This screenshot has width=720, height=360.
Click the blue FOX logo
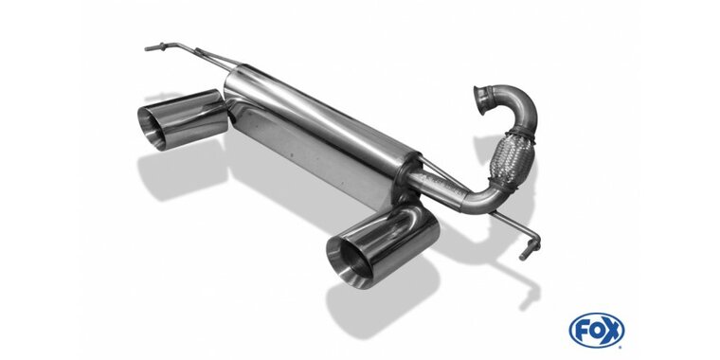[x=597, y=330]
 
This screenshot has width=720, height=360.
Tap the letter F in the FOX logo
[x=581, y=331]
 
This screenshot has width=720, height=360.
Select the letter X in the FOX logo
[x=613, y=330]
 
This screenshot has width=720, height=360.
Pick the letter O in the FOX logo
[x=597, y=330]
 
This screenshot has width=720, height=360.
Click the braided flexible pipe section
[x=512, y=159]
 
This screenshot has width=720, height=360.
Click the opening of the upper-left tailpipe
[x=151, y=128]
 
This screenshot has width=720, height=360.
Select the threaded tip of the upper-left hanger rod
[x=153, y=47]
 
